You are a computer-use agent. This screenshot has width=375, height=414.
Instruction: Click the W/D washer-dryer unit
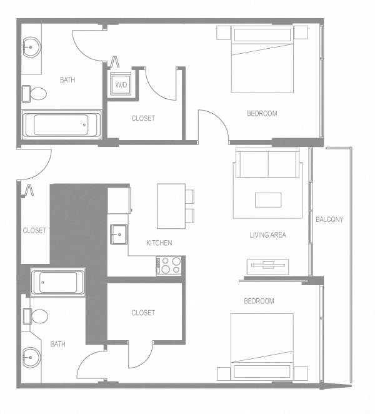click(x=120, y=84)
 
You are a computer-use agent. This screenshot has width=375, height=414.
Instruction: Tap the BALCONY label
click(x=329, y=220)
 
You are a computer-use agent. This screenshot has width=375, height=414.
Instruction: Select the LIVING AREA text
click(x=267, y=235)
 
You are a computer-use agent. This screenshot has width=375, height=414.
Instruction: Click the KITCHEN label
click(x=159, y=243)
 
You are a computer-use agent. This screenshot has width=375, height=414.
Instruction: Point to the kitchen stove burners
click(x=170, y=265)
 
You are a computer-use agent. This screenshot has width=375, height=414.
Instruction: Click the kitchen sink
click(x=118, y=235)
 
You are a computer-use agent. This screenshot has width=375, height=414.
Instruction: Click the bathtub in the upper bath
click(x=61, y=124)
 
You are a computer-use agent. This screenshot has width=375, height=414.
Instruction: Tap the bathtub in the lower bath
click(x=58, y=283)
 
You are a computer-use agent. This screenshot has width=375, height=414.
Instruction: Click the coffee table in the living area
click(x=267, y=199)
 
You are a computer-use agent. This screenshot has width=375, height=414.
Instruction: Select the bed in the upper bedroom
click(x=262, y=59)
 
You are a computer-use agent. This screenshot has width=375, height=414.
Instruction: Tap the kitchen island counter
click(x=171, y=206)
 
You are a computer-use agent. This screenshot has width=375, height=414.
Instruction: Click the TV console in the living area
click(x=267, y=266)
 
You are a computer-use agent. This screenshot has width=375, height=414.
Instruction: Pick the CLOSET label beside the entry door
click(x=34, y=230)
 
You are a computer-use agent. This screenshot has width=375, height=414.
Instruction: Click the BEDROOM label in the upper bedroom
click(x=262, y=114)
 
